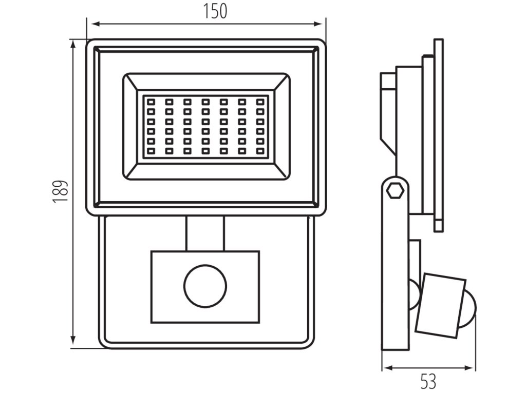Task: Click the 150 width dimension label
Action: click(x=215, y=11)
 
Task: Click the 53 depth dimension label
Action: click(x=428, y=382)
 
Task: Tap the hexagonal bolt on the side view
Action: click(x=395, y=188)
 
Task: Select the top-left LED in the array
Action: click(x=151, y=101)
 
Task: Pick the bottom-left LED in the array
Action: click(x=151, y=151)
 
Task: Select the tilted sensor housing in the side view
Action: click(x=441, y=305)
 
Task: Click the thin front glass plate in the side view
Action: click(x=438, y=133)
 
